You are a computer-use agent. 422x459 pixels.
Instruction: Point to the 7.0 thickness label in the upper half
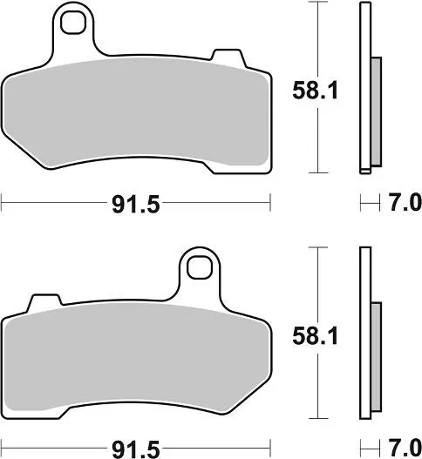pyautogui.click(x=403, y=203)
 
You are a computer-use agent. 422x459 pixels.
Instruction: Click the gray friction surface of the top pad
pyautogui.click(x=135, y=113)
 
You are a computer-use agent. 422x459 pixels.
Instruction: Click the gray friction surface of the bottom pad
pyautogui.click(x=135, y=357)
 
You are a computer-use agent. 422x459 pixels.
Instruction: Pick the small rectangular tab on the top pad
pyautogui.click(x=229, y=59)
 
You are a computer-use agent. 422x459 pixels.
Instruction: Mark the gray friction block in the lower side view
pyautogui.click(x=376, y=357)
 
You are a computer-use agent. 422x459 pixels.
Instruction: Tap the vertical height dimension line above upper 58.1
pyautogui.click(x=317, y=35)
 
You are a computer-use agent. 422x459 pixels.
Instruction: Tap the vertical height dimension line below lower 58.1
pyautogui.click(x=317, y=383)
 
